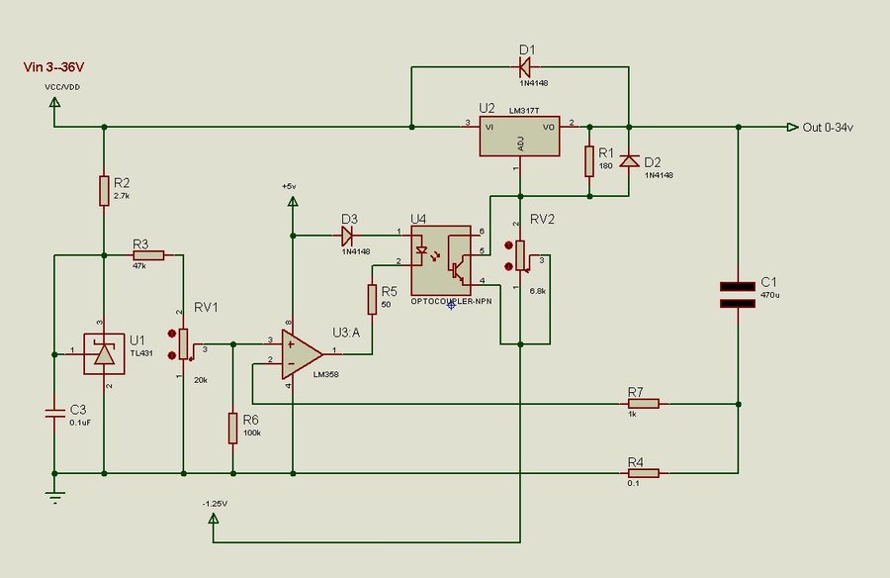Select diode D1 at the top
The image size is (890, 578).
click(524, 67)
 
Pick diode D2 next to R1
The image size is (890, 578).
click(629, 162)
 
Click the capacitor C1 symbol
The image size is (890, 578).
click(739, 294)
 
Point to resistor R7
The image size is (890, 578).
click(644, 404)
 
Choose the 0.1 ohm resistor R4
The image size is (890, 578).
click(644, 473)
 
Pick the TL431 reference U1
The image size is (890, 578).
click(104, 353)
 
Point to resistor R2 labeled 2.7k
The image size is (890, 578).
click(104, 190)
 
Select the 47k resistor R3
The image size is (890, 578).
click(147, 254)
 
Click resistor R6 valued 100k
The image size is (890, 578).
click(232, 429)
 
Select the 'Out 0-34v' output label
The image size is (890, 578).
click(827, 127)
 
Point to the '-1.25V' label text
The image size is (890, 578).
click(214, 504)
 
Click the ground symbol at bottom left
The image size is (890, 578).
click(54, 494)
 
